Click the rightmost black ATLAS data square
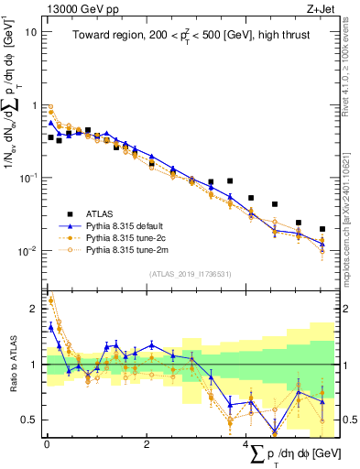point(322,229)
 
